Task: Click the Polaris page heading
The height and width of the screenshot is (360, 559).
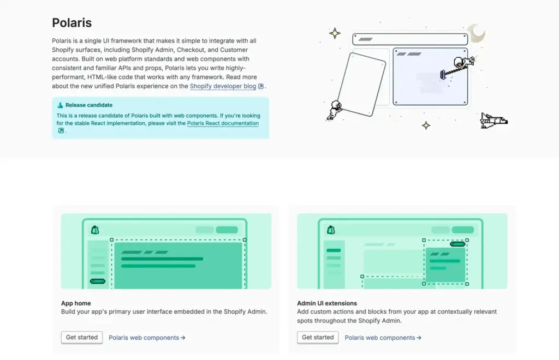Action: coord(72,23)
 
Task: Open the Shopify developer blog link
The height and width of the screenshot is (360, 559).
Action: coord(223,86)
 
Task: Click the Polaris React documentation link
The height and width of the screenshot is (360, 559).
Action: coord(223,123)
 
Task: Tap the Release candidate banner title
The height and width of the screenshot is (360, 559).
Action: coord(89,105)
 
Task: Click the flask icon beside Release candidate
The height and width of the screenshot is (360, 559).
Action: coord(60,105)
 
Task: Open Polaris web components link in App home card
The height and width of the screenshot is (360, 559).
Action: coord(147,338)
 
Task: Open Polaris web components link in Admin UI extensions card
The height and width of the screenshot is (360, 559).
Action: coord(383,338)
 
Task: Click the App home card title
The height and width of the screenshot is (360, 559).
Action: coord(76,303)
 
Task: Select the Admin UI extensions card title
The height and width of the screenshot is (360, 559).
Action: coord(327,303)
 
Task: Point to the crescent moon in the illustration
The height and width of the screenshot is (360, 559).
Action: coord(478,33)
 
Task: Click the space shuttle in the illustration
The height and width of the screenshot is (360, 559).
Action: coord(493,121)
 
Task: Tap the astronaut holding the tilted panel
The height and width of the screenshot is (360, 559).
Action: coord(335,110)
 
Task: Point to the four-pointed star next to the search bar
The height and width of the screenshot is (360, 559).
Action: coord(335,33)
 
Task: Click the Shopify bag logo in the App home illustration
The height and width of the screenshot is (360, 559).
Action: coord(95,230)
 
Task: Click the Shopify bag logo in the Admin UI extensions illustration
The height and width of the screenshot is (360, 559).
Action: coord(331,230)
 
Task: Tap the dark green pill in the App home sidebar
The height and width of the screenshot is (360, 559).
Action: coord(98,281)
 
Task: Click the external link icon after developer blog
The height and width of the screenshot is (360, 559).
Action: coord(261,86)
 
